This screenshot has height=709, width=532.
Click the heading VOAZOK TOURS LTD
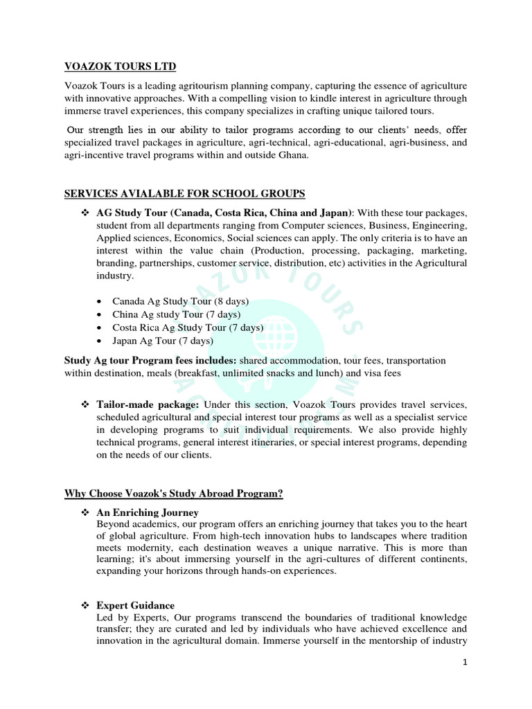(120, 66)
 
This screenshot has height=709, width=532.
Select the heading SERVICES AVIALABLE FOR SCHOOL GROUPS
(184, 193)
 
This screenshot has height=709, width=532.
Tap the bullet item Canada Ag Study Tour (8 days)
(180, 301)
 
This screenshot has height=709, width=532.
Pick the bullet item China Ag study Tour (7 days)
(176, 314)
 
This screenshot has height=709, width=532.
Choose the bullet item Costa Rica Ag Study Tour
(188, 327)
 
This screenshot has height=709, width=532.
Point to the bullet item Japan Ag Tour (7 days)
(163, 341)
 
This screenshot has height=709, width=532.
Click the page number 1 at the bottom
(466, 662)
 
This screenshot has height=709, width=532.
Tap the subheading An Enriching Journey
(148, 512)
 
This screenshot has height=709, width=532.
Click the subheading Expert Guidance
(135, 605)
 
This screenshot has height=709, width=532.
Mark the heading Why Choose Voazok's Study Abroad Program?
(174, 494)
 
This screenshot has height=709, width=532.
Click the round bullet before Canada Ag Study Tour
(101, 302)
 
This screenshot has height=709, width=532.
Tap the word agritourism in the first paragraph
(204, 85)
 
